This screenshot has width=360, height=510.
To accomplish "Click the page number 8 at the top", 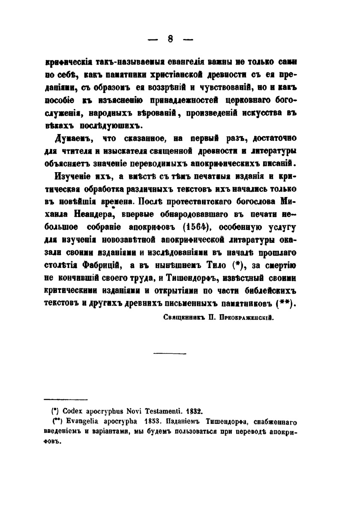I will [170, 39].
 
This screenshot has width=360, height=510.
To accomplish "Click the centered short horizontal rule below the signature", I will [168, 353].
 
